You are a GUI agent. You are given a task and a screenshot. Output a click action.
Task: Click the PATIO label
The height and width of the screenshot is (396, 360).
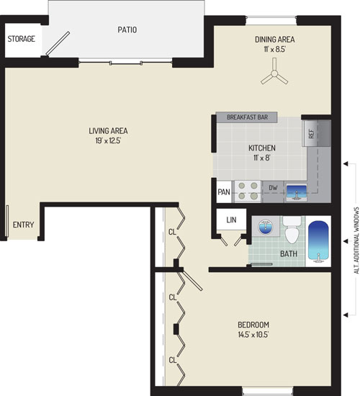(127, 30)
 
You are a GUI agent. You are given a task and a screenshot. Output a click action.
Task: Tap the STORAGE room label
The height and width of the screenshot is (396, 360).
(21, 39)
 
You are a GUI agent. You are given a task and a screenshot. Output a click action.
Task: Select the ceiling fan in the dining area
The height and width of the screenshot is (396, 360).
(274, 73)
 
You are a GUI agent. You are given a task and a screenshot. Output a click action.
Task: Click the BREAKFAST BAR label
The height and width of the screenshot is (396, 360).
(248, 117)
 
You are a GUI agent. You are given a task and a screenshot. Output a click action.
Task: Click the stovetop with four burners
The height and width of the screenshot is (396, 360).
(248, 192)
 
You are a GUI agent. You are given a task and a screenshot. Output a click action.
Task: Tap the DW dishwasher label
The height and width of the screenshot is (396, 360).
(273, 188)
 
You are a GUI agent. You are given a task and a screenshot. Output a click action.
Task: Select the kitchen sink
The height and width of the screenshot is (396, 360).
(296, 192)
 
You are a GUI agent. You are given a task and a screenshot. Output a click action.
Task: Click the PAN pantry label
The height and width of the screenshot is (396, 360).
(224, 192)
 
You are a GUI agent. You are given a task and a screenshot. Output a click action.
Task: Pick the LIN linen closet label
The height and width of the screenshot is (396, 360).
(231, 220)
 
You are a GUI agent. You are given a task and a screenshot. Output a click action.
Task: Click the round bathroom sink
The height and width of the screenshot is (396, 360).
(265, 227)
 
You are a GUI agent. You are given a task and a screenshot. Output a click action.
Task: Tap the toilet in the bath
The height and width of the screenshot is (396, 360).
(292, 230)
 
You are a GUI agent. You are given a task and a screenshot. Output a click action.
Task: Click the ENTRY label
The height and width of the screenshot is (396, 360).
(23, 225)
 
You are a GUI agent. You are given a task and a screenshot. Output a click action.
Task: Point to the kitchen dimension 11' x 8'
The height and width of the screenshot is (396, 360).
(262, 158)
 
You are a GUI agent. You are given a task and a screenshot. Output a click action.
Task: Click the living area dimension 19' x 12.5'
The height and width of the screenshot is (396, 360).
(108, 140)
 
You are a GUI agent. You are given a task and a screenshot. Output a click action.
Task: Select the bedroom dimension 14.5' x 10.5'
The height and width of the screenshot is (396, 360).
(253, 334)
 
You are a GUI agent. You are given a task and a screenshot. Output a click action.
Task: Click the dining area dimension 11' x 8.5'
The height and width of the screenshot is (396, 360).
(274, 49)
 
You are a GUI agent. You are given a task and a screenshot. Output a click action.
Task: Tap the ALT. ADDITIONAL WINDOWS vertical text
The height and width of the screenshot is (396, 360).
(356, 240)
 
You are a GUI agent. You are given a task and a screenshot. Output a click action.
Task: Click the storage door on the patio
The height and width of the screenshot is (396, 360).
(58, 43)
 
